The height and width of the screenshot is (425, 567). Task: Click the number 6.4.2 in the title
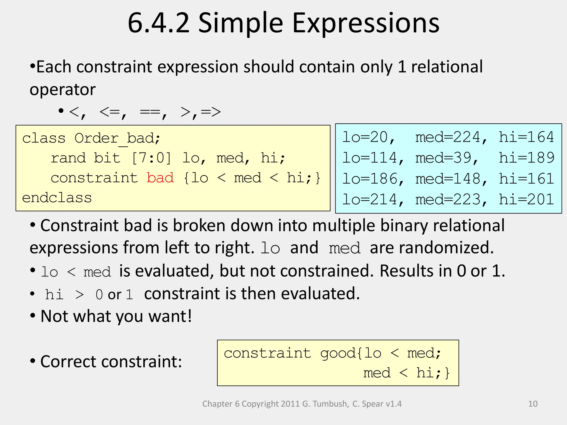click(159, 23)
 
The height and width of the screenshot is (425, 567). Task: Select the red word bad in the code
click(160, 178)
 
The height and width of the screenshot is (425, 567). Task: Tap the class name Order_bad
click(117, 138)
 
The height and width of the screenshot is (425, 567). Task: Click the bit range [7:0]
click(151, 158)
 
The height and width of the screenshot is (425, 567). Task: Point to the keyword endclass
click(57, 198)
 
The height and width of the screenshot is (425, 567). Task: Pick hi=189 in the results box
click(526, 158)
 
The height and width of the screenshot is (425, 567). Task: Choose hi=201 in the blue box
click(526, 199)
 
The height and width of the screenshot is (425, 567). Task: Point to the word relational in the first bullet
click(447, 67)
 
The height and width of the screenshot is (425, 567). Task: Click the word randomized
click(431, 247)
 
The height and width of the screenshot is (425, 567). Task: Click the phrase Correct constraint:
click(111, 361)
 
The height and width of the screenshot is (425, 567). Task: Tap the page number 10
click(533, 404)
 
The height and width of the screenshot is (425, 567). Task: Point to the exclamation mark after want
click(190, 316)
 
